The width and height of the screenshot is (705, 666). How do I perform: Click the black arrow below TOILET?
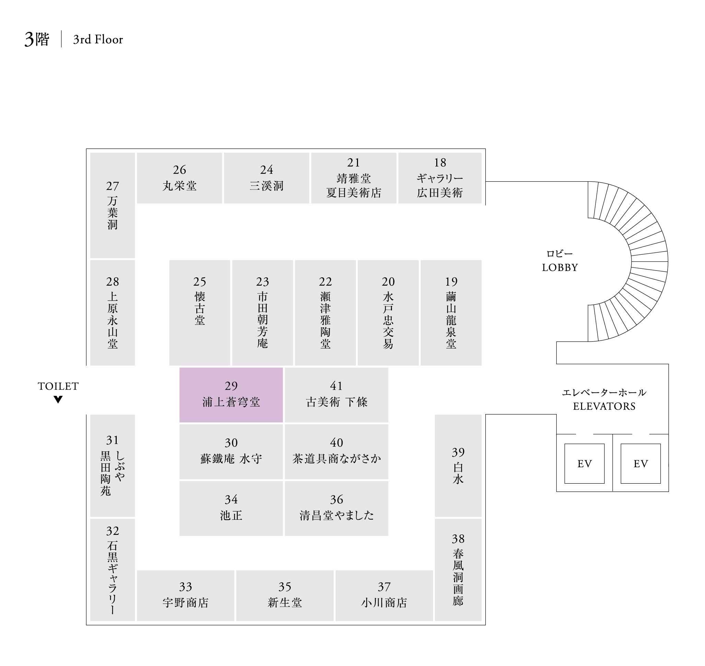tap(58, 399)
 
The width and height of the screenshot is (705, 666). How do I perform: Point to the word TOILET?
tap(58, 386)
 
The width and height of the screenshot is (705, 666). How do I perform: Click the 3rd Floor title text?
tap(98, 39)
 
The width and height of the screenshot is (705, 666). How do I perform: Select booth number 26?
tap(179, 170)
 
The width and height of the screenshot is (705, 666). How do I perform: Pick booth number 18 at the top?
tap(440, 163)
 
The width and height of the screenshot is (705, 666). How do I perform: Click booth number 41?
tap(336, 386)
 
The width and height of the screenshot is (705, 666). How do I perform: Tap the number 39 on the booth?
tap(458, 452)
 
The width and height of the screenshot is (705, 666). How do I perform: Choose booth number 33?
tap(185, 587)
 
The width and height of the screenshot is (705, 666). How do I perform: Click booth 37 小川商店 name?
tap(384, 602)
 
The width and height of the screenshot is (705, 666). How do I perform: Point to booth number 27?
tap(113, 186)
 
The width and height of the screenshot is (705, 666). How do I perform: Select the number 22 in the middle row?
tap(325, 282)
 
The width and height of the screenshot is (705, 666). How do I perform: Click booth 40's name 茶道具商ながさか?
tap(336, 459)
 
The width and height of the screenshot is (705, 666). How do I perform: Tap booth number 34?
tap(231, 499)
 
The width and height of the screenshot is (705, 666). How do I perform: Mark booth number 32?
tap(113, 531)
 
